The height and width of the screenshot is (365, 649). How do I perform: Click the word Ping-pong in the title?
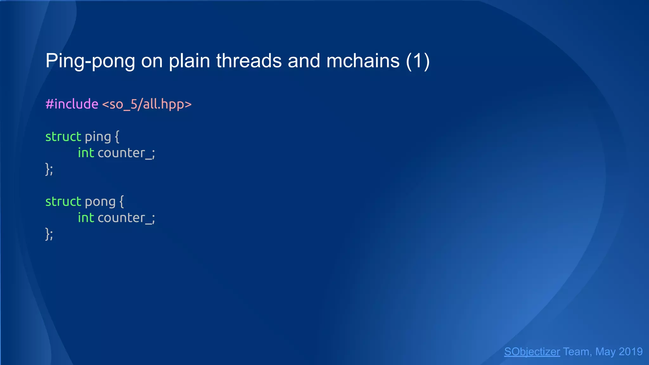[90, 61]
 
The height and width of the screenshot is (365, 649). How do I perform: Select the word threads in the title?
[249, 61]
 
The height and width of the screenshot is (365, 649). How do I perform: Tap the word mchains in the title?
[363, 61]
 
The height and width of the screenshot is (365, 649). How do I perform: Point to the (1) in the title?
[418, 61]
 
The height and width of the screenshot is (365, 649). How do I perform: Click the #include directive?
[72, 104]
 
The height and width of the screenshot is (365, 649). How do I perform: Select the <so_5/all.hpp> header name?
[147, 104]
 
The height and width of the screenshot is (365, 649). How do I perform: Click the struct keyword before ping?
[63, 137]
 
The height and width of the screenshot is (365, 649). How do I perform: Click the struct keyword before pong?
[63, 202]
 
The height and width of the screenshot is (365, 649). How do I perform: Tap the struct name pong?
[100, 202]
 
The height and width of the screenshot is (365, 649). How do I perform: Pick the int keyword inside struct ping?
[86, 153]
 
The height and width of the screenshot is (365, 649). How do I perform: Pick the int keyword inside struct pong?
[86, 218]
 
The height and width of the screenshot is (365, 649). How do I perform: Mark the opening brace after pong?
[122, 202]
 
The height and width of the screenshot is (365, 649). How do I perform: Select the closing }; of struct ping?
[49, 169]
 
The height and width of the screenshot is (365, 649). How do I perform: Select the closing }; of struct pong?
[49, 234]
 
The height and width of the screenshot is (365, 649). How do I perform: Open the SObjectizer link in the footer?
[532, 352]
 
